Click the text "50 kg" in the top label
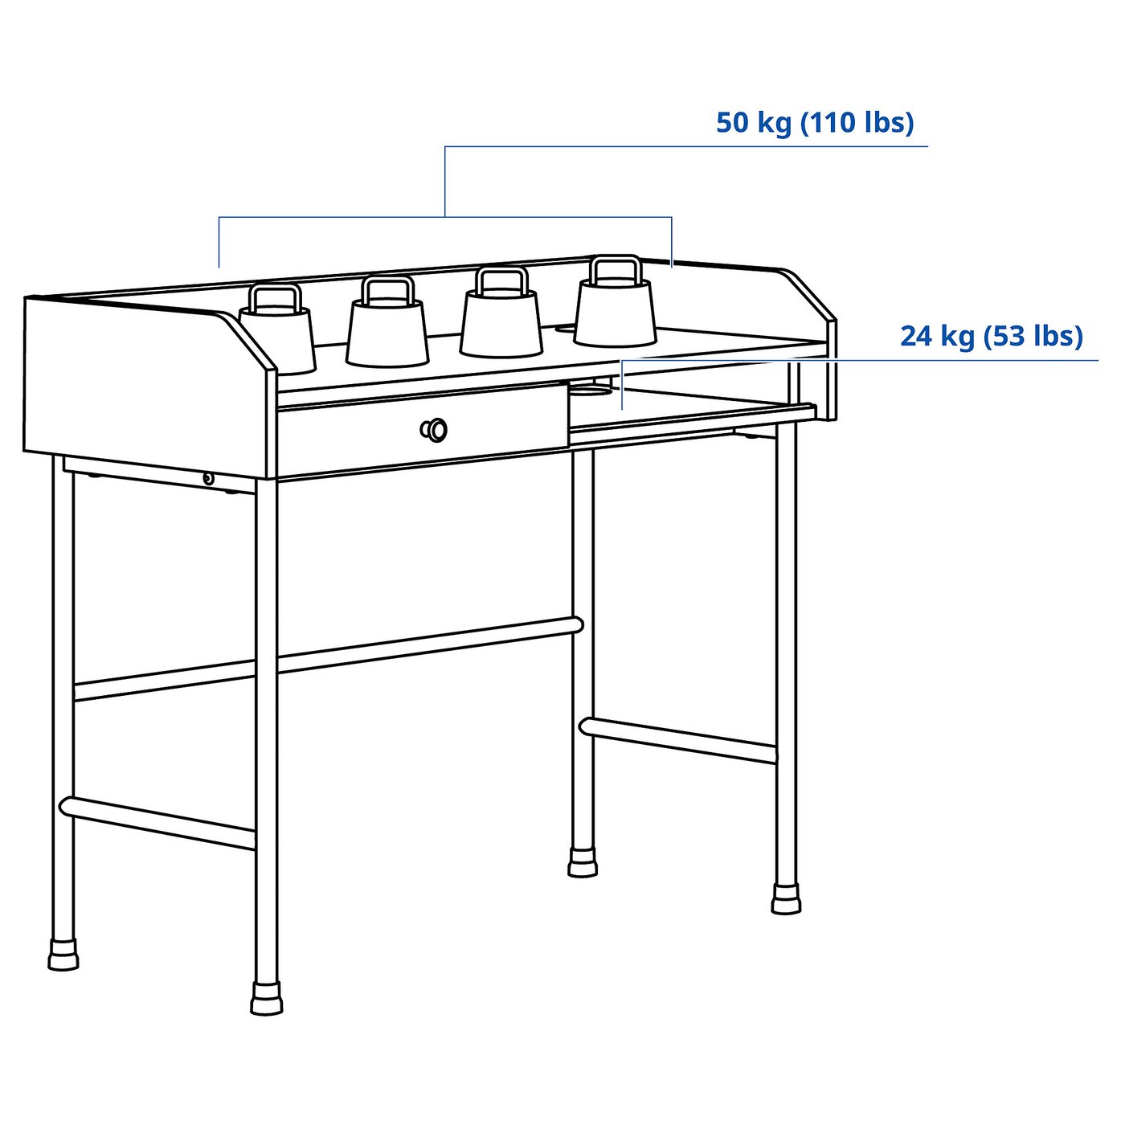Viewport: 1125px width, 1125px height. click(x=753, y=123)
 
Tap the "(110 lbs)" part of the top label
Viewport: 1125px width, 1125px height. click(x=857, y=123)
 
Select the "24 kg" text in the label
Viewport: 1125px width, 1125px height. click(x=936, y=336)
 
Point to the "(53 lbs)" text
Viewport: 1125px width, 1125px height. click(x=1035, y=336)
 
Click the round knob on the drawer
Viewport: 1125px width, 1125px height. click(x=435, y=430)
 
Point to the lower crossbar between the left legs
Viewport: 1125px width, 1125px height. click(x=157, y=822)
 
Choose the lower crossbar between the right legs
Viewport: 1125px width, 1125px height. click(x=677, y=739)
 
